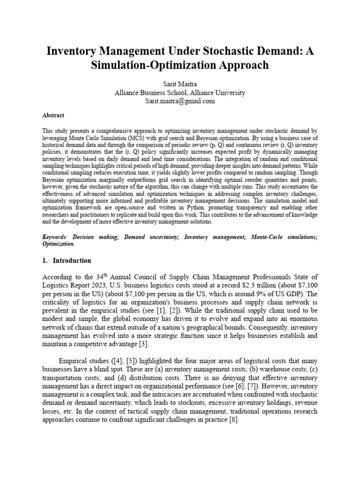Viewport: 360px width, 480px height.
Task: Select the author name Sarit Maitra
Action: [180, 84]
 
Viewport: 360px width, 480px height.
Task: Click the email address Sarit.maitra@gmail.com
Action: [180, 101]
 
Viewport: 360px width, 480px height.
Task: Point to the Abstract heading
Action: [53, 115]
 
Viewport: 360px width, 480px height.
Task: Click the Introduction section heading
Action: [72, 261]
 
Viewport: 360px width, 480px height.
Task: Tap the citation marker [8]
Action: [233, 420]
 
